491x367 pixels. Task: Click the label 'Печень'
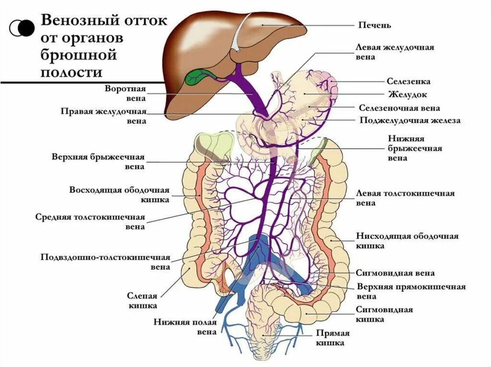pos(375,24)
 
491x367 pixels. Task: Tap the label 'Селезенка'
pos(409,81)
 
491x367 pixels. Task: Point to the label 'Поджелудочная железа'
pos(410,121)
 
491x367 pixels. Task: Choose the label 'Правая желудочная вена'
pos(104,116)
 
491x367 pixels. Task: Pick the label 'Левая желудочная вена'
pos(395,52)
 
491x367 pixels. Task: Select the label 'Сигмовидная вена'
pos(395,273)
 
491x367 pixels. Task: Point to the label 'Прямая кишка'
pos(332,338)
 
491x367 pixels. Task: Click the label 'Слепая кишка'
pos(142,300)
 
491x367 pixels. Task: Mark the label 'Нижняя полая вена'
pos(185,327)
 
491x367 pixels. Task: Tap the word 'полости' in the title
pos(72,72)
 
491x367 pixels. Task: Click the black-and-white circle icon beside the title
pos(21,28)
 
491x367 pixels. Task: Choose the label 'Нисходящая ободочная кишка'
pos(407,241)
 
